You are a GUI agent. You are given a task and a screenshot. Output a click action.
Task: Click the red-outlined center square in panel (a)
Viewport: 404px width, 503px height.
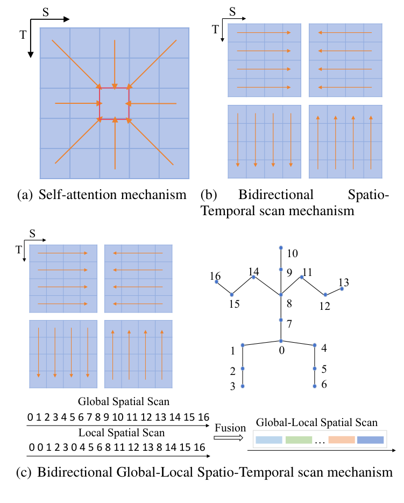114,103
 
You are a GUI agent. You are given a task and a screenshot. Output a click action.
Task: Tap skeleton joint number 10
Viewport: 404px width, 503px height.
281,248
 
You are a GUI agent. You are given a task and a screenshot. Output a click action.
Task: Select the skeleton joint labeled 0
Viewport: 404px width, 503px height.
281,341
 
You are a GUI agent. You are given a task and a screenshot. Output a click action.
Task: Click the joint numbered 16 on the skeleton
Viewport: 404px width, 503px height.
216,281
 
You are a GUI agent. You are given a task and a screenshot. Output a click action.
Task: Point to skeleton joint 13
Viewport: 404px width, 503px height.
342,289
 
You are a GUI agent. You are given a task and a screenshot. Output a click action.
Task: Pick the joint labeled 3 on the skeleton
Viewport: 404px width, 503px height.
243,386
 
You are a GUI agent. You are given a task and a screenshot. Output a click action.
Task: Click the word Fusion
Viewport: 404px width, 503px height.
230,429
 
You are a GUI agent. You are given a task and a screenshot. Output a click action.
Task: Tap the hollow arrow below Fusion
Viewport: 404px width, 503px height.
230,438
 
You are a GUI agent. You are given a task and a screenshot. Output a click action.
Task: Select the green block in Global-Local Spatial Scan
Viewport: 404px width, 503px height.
299,440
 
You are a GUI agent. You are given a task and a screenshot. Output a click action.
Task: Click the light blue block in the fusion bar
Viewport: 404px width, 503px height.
269,440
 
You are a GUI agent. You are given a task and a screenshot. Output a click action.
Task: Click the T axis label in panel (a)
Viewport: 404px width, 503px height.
23,33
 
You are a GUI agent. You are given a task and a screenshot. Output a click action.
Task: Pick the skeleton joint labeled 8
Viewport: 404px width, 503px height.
281,294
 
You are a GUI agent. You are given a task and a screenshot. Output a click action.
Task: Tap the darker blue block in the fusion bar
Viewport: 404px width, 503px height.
370,440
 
